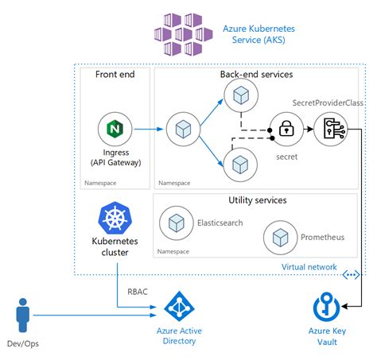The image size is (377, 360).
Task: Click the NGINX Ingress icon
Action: [115, 129]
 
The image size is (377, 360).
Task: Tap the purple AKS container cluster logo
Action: [184, 34]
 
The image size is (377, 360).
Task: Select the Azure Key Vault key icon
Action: [326, 307]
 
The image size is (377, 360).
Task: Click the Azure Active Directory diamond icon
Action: [180, 307]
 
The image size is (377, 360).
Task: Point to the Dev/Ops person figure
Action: [23, 315]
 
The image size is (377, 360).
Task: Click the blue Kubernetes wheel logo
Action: [115, 218]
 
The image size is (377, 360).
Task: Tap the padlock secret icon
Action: [286, 129]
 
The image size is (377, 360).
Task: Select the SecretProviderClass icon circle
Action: [330, 129]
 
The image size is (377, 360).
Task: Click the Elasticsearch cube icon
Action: [177, 223]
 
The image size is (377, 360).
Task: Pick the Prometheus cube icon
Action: [280, 238]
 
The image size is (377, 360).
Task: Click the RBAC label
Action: [138, 292]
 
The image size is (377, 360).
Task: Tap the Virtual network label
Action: [309, 267]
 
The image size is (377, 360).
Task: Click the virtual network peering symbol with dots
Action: [351, 275]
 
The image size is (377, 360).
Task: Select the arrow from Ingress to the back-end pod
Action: [149, 129]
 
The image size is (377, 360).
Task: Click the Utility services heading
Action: [258, 200]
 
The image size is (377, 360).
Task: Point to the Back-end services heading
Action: [256, 74]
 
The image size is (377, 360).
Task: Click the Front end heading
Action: [115, 74]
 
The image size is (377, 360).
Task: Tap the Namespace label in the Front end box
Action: [100, 183]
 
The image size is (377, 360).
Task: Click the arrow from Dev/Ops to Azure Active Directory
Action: [95, 315]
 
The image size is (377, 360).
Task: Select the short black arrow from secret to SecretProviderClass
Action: [309, 129]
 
